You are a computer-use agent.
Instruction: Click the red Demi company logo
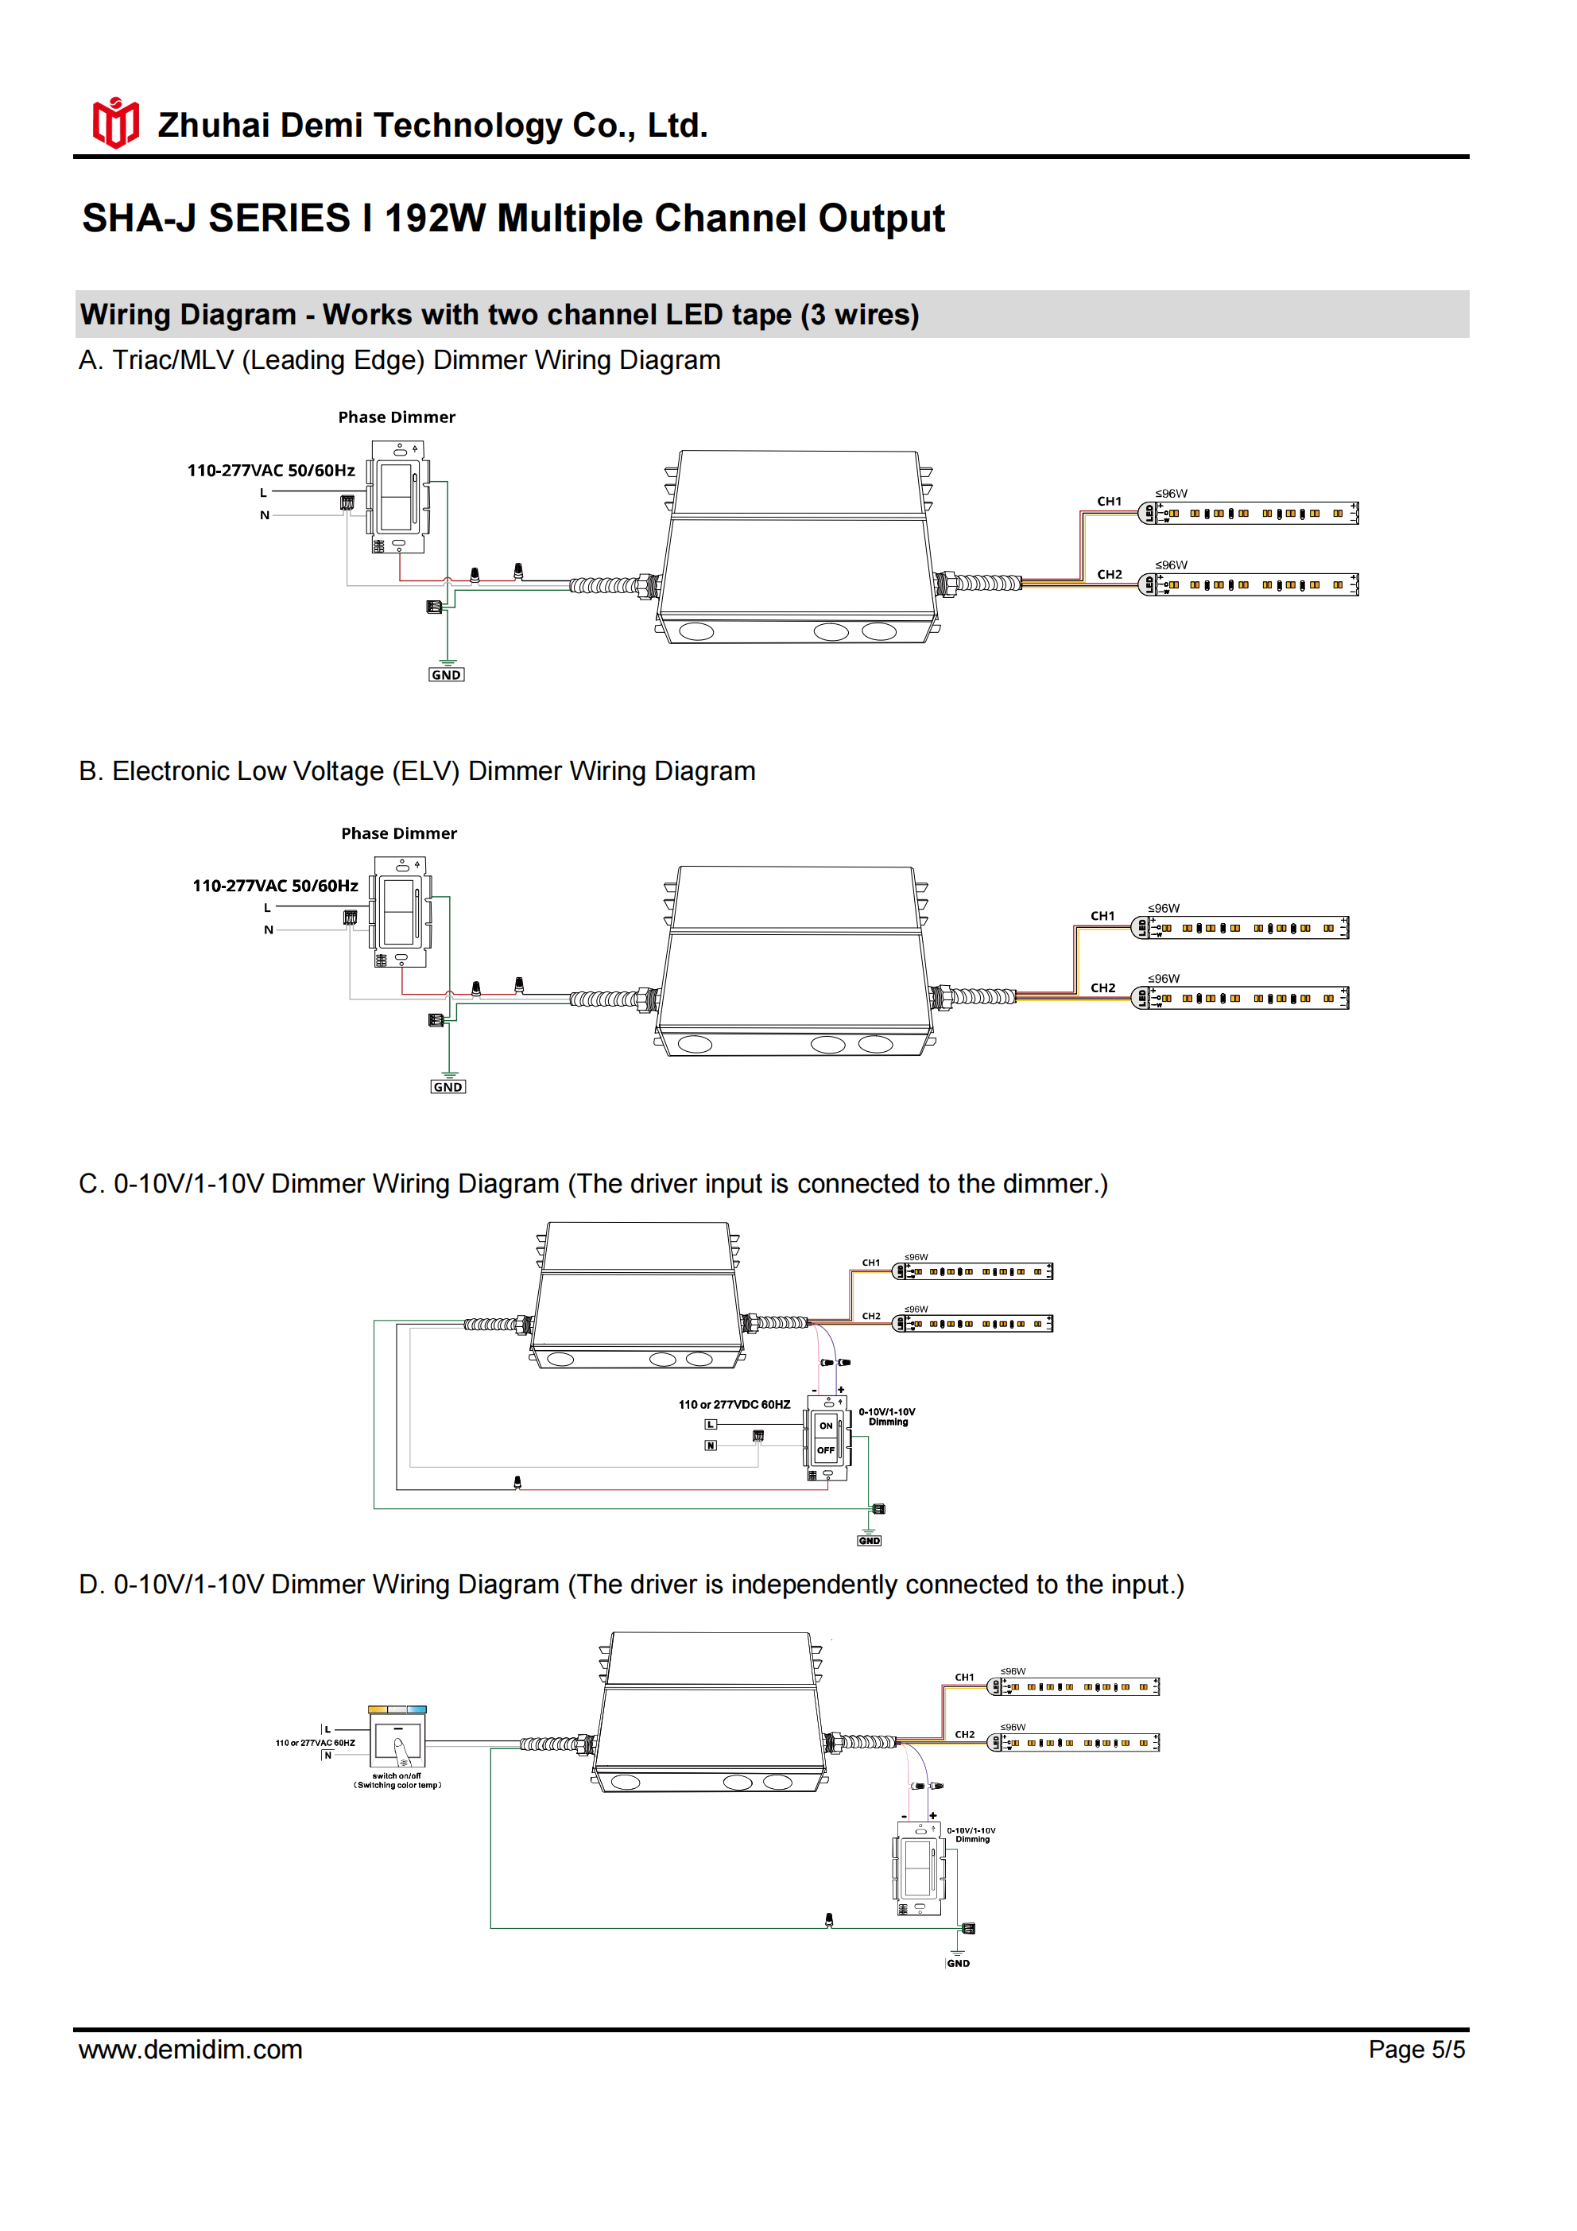click(x=115, y=123)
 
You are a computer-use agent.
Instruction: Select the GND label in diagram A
click(x=446, y=674)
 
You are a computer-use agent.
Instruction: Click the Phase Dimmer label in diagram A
click(x=397, y=417)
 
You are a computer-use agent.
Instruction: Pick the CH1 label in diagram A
click(x=1109, y=502)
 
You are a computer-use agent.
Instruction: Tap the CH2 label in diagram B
click(x=1102, y=987)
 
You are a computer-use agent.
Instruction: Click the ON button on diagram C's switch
click(x=826, y=1426)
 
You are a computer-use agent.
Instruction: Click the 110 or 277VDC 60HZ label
click(x=734, y=1404)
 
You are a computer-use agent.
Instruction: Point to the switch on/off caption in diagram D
click(x=397, y=1780)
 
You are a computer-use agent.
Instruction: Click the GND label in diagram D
click(x=958, y=1963)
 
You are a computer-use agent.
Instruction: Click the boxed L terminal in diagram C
click(x=711, y=1425)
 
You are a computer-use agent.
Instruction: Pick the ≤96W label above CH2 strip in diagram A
click(x=1171, y=565)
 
